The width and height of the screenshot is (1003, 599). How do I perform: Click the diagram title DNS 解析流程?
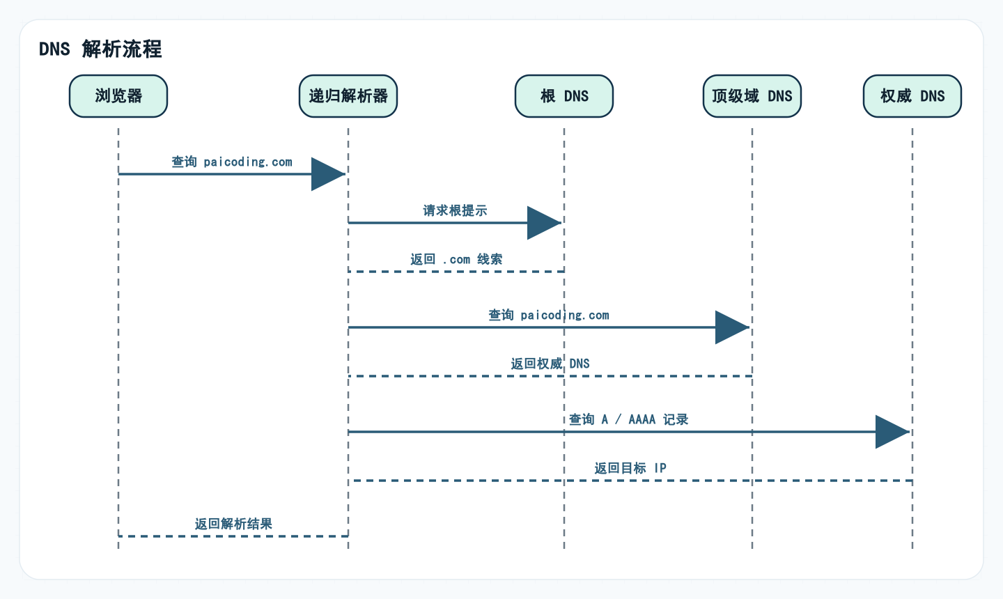coord(100,49)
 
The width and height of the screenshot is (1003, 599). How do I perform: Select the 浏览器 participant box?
coord(118,96)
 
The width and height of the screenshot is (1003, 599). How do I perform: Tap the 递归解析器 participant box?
coord(348,96)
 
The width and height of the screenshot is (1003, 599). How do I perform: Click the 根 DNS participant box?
coord(564,96)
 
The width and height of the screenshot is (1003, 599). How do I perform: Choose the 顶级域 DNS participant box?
coord(752,96)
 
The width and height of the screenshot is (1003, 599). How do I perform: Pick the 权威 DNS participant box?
coord(912,96)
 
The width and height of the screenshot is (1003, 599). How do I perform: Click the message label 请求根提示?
coord(455,210)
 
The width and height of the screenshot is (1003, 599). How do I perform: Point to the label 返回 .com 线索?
coord(456,259)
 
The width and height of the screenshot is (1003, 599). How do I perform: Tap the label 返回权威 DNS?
coord(550,364)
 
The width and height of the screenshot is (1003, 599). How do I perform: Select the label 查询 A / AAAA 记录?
coord(628,419)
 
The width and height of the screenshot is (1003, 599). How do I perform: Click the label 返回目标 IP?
coord(630,468)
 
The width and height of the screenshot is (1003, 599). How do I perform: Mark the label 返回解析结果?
coord(233,524)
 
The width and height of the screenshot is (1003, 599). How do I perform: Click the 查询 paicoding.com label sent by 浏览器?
coord(232,162)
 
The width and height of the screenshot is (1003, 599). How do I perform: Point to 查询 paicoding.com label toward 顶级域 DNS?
coord(549,315)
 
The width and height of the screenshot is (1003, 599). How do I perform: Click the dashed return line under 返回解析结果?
coord(233,536)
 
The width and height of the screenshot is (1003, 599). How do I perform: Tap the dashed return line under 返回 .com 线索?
coord(456,272)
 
